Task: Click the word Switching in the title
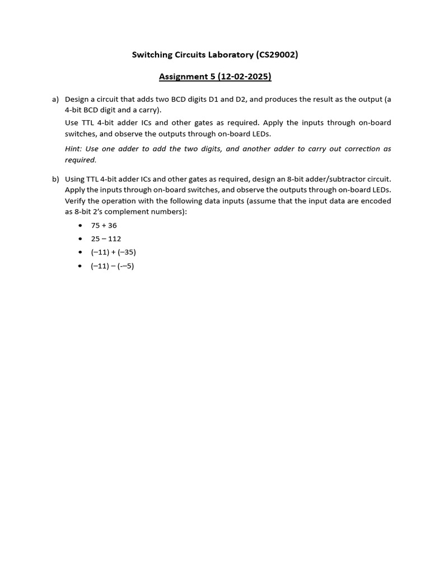click(152, 55)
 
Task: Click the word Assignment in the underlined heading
click(183, 77)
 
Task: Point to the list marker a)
click(55, 100)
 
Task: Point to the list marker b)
click(55, 179)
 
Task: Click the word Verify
click(76, 201)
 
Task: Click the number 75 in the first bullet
click(95, 226)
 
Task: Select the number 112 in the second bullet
click(114, 239)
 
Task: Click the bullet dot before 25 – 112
click(80, 239)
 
